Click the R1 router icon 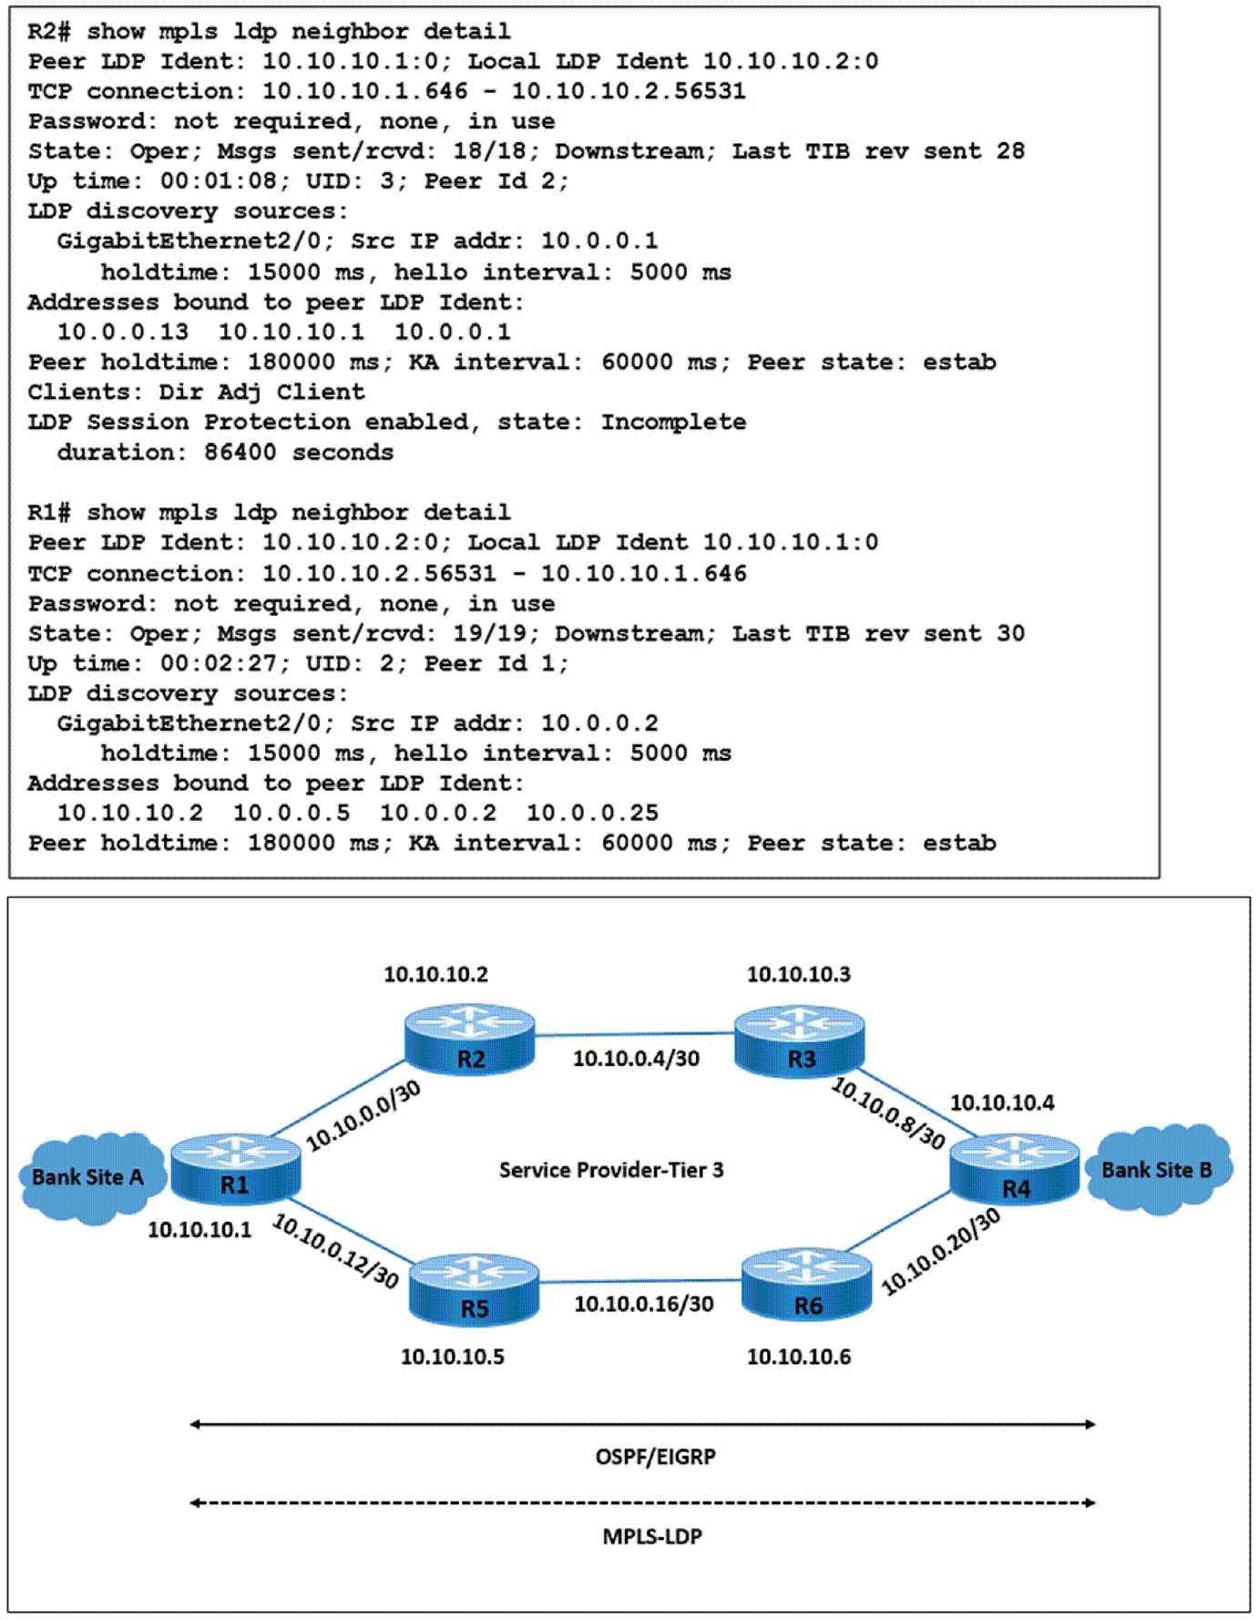coord(235,1169)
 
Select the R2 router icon coord(469,1040)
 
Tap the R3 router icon coord(799,1041)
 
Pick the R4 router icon coord(1015,1170)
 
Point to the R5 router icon coord(474,1290)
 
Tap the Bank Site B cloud coord(1158,1169)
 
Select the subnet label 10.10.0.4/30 coord(636,1058)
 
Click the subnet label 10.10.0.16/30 coord(644,1304)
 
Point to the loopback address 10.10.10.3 coord(799,974)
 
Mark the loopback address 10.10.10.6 coord(799,1357)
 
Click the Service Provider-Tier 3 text coord(611,1170)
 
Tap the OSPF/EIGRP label coord(656,1457)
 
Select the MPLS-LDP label coord(652,1537)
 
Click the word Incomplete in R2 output coord(673,422)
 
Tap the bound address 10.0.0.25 coord(592,813)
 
